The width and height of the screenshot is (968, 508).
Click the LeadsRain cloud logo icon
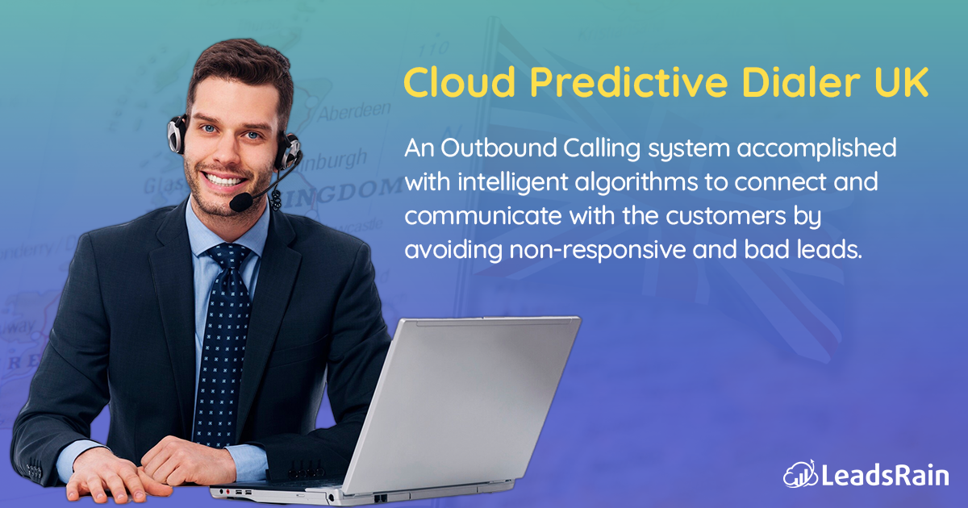[x=797, y=474]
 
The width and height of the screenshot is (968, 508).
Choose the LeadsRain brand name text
[x=884, y=475]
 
